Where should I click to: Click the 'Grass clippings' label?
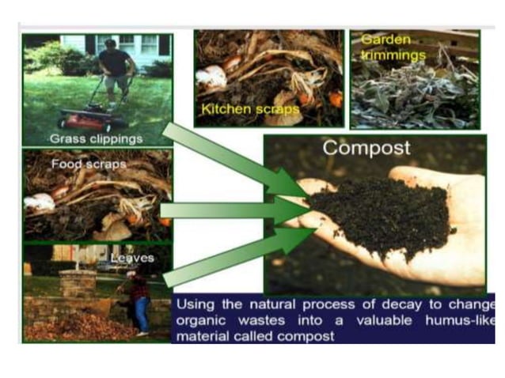coord(96,138)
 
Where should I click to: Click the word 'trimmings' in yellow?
coord(393,55)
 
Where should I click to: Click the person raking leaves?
coord(139,301)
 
